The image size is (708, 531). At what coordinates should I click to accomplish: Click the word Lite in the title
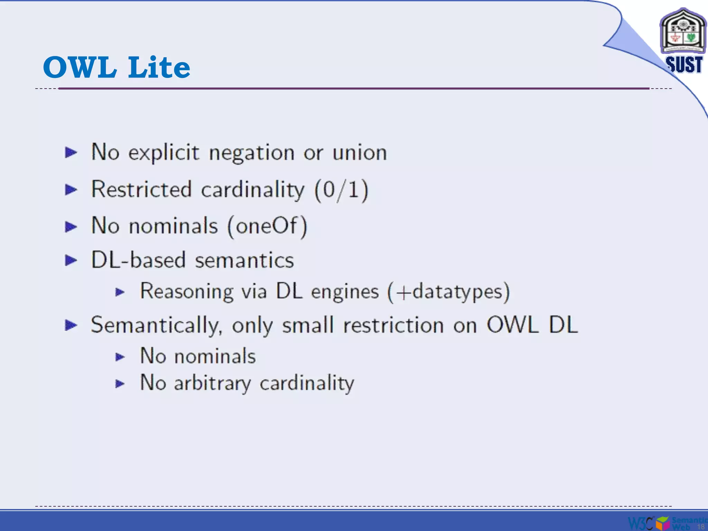click(x=159, y=67)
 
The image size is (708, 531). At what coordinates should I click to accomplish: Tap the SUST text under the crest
click(x=683, y=65)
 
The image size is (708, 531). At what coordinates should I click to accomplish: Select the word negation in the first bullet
click(x=252, y=153)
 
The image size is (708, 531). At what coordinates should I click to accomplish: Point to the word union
click(x=360, y=153)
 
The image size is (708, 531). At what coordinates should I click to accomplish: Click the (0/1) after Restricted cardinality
click(x=341, y=190)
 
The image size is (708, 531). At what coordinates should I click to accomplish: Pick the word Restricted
click(x=141, y=189)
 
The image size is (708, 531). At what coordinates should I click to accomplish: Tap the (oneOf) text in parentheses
click(x=267, y=226)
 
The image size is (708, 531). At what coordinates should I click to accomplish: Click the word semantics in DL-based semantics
click(x=244, y=260)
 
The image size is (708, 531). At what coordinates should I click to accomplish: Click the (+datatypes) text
click(x=448, y=292)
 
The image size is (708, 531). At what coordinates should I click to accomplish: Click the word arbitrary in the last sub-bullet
click(x=212, y=383)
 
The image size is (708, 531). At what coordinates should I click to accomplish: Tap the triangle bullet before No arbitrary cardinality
click(x=120, y=383)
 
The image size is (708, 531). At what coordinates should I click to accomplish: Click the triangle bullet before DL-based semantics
click(x=71, y=260)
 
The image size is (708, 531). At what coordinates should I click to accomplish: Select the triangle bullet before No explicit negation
click(x=71, y=152)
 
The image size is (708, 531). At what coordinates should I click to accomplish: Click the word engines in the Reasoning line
click(x=345, y=292)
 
